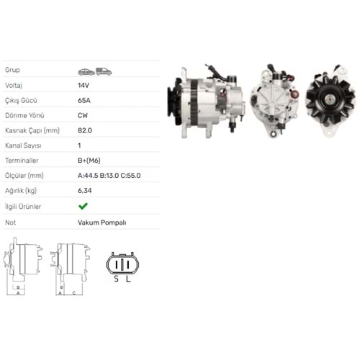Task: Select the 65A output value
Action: click(x=84, y=100)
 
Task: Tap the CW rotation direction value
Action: click(x=84, y=115)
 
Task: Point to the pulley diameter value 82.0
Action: click(x=84, y=130)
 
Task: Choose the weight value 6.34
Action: click(x=84, y=192)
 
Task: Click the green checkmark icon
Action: click(x=84, y=207)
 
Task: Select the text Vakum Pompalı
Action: click(x=102, y=222)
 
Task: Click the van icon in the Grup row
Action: click(x=104, y=71)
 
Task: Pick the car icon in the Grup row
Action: click(x=86, y=71)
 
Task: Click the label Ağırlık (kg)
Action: click(x=20, y=192)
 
